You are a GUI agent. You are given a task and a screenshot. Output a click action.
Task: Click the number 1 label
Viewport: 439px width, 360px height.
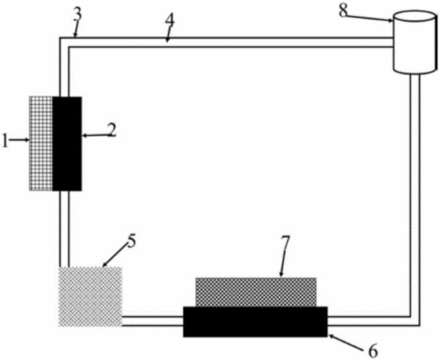pyautogui.click(x=5, y=140)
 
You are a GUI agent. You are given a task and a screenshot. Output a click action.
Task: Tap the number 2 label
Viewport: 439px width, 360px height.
pyautogui.click(x=112, y=130)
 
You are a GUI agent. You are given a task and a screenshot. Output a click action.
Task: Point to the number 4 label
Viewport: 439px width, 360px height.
pyautogui.click(x=170, y=20)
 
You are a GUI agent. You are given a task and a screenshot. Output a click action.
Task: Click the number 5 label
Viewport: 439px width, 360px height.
pyautogui.click(x=131, y=241)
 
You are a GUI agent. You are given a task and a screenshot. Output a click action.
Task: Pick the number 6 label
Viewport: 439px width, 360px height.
pyautogui.click(x=373, y=350)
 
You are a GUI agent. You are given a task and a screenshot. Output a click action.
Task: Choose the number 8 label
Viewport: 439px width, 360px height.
pyautogui.click(x=343, y=11)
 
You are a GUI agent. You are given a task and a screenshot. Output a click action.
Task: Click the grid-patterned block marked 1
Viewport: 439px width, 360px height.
pyautogui.click(x=41, y=143)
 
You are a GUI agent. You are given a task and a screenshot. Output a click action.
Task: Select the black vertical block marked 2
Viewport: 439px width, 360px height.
pyautogui.click(x=67, y=144)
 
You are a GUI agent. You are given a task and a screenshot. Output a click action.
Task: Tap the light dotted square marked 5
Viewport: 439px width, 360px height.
pyautogui.click(x=90, y=297)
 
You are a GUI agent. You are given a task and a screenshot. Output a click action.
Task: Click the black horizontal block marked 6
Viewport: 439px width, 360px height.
pyautogui.click(x=255, y=322)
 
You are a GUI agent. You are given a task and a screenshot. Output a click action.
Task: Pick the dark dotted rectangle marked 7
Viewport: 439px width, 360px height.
pyautogui.click(x=256, y=292)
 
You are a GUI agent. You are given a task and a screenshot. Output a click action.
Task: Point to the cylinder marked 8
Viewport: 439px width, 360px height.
pyautogui.click(x=415, y=42)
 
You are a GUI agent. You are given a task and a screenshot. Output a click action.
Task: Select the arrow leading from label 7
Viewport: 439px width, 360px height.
pyautogui.click(x=283, y=262)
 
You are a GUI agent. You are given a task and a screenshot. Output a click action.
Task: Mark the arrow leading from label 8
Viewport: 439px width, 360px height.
pyautogui.click(x=369, y=18)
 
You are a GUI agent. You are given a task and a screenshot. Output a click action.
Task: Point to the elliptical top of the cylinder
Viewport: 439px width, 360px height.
pyautogui.click(x=415, y=16)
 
